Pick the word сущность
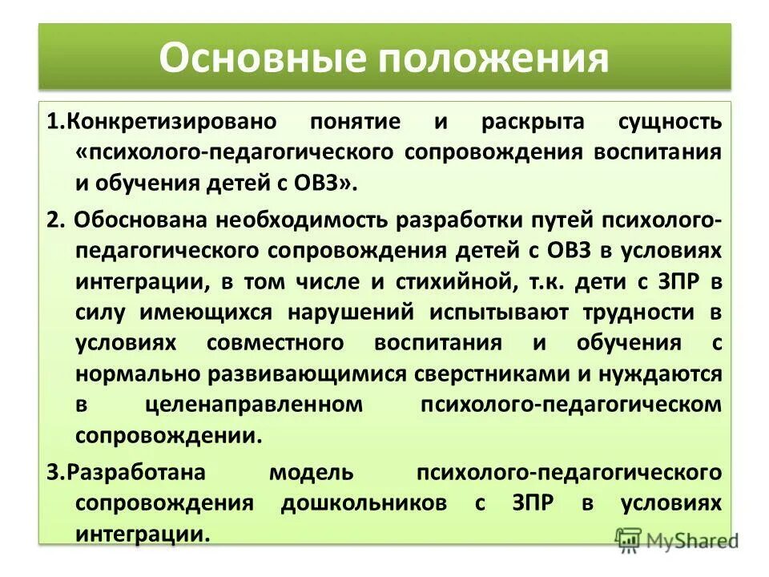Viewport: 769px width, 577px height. (x=670, y=122)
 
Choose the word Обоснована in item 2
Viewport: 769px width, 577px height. (x=137, y=218)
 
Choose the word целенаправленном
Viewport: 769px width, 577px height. (x=255, y=406)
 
